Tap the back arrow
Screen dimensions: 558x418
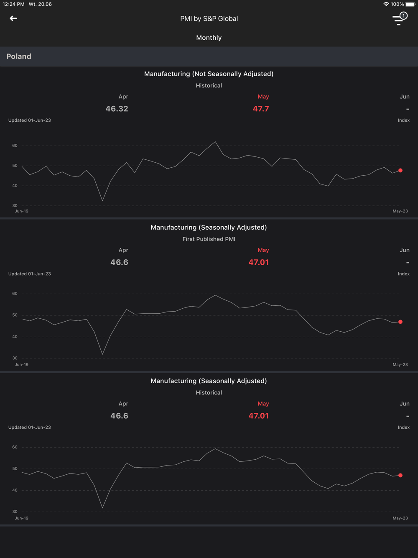click(13, 18)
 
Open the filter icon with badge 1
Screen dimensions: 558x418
click(399, 19)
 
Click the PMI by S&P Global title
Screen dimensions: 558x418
click(209, 18)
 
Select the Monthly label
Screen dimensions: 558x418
click(209, 38)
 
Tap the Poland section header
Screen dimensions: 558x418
click(19, 56)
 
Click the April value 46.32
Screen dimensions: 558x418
click(117, 109)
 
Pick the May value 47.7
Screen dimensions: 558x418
click(261, 109)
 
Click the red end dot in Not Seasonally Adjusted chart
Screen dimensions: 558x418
click(400, 171)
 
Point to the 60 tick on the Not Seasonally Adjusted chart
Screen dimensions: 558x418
click(15, 146)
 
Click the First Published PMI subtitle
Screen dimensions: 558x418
click(209, 239)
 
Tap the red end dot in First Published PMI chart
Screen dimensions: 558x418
click(400, 322)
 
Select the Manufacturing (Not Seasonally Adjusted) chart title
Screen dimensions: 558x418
click(209, 74)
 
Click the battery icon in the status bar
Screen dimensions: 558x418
click(410, 4)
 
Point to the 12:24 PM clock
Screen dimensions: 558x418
click(14, 4)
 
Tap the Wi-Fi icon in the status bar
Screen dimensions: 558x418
click(386, 4)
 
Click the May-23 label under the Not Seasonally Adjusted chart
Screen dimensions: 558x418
click(400, 211)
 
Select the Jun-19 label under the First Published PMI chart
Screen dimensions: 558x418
click(22, 365)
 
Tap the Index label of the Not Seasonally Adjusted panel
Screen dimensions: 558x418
click(403, 120)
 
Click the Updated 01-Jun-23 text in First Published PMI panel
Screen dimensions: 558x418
click(30, 274)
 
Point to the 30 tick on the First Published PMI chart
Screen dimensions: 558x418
click(15, 358)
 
